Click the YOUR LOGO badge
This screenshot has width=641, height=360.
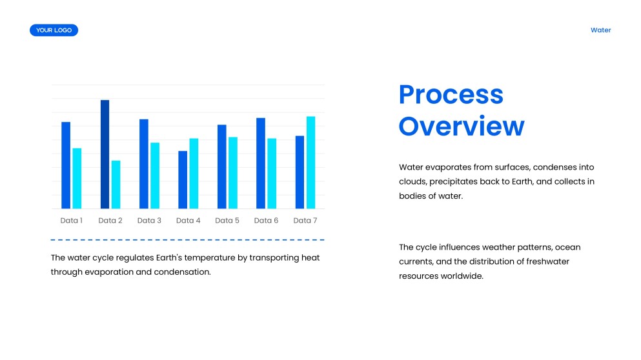(54, 30)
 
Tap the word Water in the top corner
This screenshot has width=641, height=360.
(600, 30)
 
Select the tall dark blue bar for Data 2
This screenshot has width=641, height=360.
(105, 154)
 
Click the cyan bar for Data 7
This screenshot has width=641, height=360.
(310, 163)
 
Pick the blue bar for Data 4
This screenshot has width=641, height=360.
(183, 180)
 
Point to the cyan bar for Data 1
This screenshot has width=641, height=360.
(77, 179)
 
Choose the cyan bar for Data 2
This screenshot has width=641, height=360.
(116, 185)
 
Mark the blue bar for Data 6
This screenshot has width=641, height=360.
(260, 163)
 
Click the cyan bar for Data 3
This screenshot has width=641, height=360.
(155, 175)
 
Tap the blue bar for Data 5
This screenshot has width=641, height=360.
(221, 166)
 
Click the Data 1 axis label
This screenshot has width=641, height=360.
(71, 221)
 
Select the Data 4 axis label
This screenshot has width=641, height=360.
(188, 221)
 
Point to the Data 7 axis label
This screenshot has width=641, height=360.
(305, 221)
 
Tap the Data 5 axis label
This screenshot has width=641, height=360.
(227, 221)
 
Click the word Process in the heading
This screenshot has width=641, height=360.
(451, 95)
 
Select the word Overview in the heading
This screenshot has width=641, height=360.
(461, 126)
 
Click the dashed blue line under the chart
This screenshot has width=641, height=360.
(187, 240)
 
